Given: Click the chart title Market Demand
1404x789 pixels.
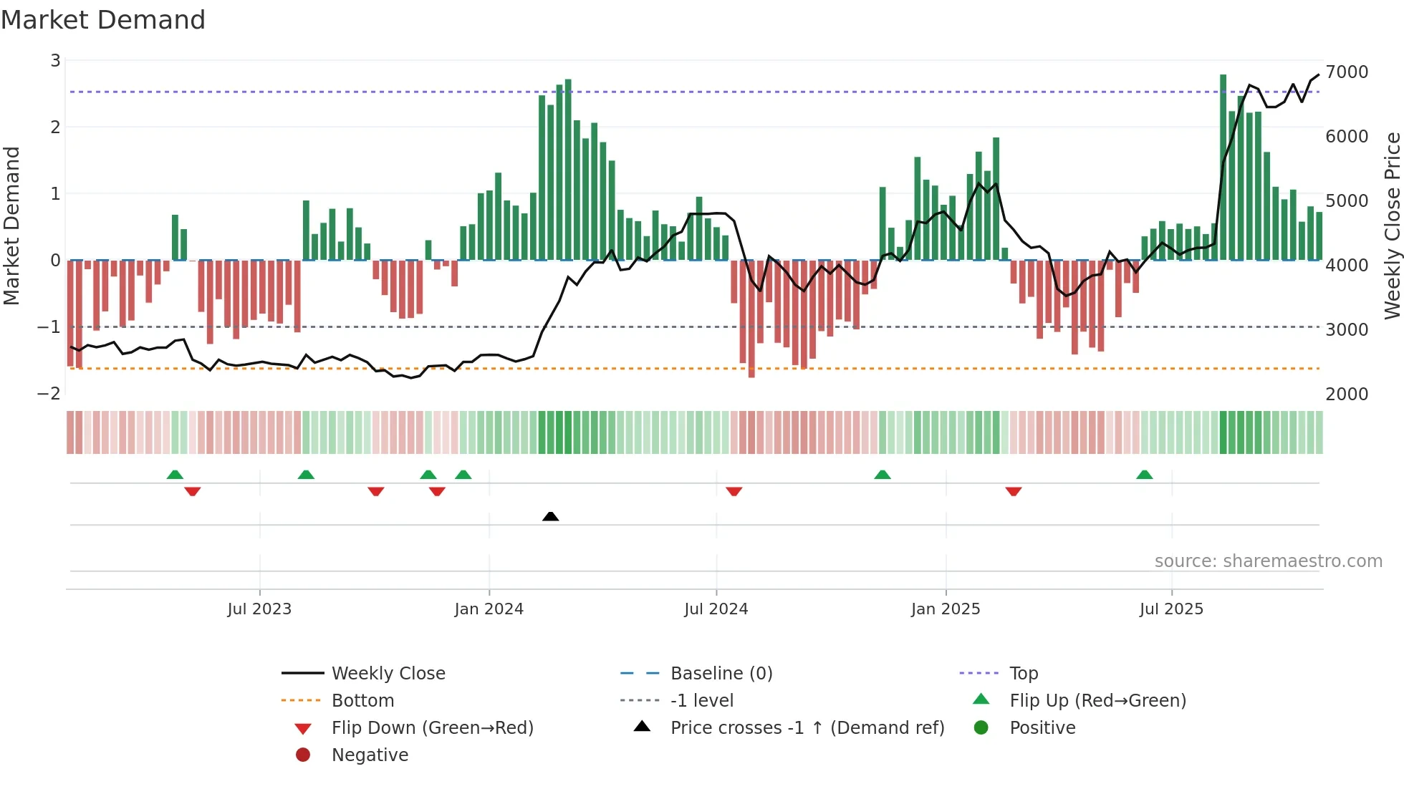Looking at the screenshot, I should point(103,20).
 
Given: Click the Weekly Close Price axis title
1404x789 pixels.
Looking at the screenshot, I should point(1392,226).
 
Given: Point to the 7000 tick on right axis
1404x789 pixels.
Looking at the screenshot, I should point(1347,72).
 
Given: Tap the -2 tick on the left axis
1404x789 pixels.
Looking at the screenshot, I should point(49,394).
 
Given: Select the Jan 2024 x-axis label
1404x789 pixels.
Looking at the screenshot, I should point(489,609).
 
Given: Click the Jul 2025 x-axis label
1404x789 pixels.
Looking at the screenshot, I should point(1171,609).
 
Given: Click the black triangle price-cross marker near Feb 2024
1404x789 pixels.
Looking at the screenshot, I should point(550,516).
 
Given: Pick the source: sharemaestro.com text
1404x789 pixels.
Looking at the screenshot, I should point(1268,561).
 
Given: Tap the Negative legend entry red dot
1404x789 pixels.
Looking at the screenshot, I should point(303,755).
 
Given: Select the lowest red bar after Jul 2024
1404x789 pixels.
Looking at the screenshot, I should point(751,319).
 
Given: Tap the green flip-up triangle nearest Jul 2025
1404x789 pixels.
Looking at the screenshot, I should point(1144,475).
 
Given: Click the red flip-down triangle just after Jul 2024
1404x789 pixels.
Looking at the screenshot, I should point(734,491).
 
